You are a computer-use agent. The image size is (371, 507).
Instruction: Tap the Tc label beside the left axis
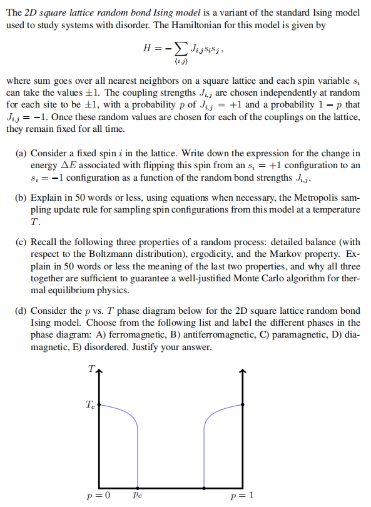click(x=91, y=404)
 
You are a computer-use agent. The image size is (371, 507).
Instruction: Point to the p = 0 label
click(x=99, y=496)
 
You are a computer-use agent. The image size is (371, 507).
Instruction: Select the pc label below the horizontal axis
click(x=138, y=495)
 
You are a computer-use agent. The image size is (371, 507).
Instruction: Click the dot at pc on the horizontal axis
click(x=138, y=486)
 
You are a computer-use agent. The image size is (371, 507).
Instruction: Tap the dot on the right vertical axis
click(x=242, y=404)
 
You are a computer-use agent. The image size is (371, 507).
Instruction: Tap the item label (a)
click(x=21, y=153)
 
